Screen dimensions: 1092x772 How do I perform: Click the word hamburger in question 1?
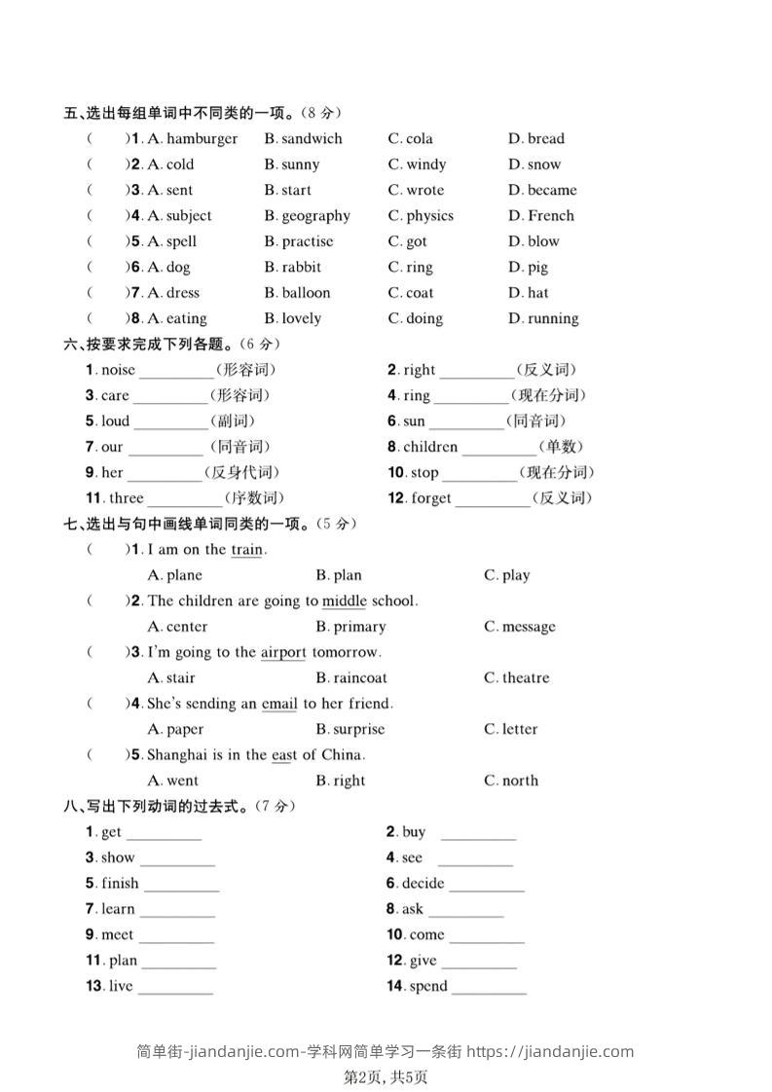click(x=202, y=139)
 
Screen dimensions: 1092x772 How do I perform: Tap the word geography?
click(x=315, y=216)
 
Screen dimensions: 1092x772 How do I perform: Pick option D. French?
click(x=541, y=216)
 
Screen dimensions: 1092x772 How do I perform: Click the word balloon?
click(x=306, y=293)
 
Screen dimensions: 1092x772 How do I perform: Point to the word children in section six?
click(x=430, y=448)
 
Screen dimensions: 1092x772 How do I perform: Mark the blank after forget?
click(x=493, y=500)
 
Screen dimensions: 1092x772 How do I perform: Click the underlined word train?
click(x=246, y=550)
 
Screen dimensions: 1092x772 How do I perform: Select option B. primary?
click(x=350, y=627)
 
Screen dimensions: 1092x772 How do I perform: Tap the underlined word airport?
click(x=283, y=652)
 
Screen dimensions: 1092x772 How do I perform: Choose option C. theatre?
click(x=517, y=678)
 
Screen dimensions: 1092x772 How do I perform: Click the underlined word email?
click(x=279, y=704)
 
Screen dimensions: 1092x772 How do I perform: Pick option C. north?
click(x=511, y=781)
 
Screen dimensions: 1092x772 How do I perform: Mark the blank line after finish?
click(x=181, y=886)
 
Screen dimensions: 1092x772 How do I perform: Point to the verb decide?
click(x=423, y=884)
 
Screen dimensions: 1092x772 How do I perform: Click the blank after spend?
click(x=489, y=989)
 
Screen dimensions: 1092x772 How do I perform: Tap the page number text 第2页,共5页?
click(x=386, y=1077)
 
